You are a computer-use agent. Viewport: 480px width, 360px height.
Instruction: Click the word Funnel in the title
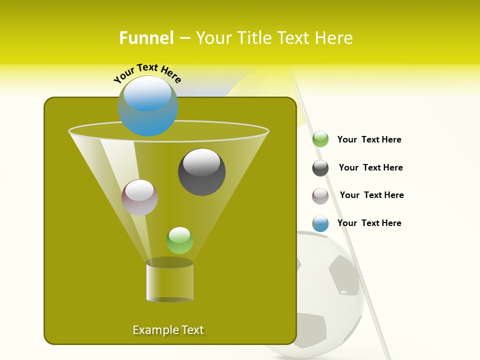(146, 37)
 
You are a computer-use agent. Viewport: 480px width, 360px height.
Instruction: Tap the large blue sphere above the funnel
(147, 105)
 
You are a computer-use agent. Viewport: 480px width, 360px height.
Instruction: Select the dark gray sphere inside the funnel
(201, 171)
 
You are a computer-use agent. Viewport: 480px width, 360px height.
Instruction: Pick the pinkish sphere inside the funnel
(139, 197)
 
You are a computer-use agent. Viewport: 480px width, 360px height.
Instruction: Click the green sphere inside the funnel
(179, 240)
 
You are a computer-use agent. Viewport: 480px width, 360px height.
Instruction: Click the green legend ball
(320, 139)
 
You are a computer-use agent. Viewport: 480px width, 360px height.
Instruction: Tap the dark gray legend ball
(320, 168)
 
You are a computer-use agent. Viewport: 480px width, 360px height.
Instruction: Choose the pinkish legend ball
(320, 195)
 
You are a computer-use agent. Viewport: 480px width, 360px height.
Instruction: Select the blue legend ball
(320, 223)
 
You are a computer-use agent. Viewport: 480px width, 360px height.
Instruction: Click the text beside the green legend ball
(369, 139)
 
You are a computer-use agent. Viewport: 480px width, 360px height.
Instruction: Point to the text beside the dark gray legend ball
(370, 167)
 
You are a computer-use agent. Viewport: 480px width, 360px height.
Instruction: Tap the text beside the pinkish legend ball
(371, 195)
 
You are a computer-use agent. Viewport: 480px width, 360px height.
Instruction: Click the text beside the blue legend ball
(369, 223)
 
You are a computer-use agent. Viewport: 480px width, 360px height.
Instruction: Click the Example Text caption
(168, 330)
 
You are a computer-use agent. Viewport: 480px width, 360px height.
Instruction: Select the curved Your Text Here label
(147, 72)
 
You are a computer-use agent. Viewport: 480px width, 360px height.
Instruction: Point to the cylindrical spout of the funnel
(169, 281)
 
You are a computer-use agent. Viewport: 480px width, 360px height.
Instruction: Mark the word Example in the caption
(152, 330)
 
